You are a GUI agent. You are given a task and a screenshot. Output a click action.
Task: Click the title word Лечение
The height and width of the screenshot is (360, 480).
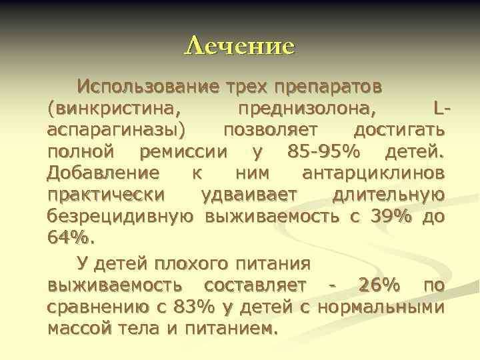pos(239,46)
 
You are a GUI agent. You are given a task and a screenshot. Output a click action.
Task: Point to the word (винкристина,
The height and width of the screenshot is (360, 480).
pos(114,108)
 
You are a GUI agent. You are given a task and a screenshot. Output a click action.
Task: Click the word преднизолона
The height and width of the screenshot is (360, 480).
pos(306,108)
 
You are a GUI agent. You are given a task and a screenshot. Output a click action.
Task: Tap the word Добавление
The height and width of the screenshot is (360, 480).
pos(103,173)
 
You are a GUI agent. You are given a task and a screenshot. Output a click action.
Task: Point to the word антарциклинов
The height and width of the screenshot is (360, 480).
pos(373,173)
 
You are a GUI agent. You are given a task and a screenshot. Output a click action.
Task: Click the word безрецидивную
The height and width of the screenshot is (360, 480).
pos(121,216)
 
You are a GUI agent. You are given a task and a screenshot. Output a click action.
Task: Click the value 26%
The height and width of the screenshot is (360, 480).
pos(379,285)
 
